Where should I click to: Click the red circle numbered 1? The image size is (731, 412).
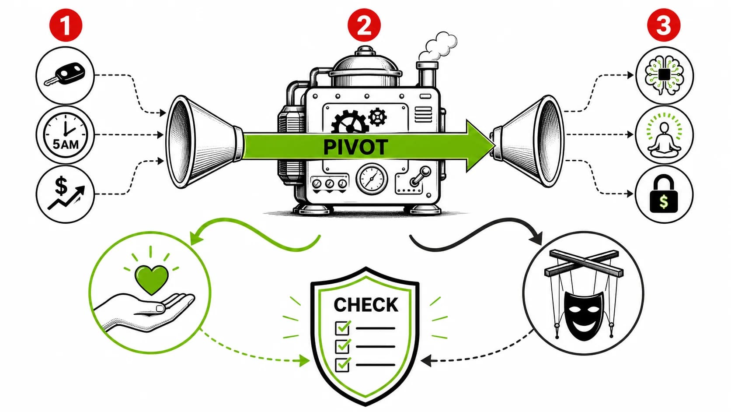pyautogui.click(x=66, y=25)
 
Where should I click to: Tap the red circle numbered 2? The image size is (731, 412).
pyautogui.click(x=364, y=25)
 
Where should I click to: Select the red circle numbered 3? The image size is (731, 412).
pyautogui.click(x=663, y=25)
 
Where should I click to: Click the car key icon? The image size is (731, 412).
pyautogui.click(x=64, y=75)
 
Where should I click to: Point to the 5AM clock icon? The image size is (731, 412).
pyautogui.click(x=65, y=134)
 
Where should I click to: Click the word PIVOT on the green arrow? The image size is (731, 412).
pyautogui.click(x=355, y=147)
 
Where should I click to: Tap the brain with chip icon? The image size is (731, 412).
pyautogui.click(x=664, y=75)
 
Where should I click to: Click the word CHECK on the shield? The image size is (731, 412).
pyautogui.click(x=366, y=305)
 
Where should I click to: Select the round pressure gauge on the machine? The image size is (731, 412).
pyautogui.click(x=372, y=179)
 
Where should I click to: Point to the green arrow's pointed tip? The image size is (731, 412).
pyautogui.click(x=493, y=146)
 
